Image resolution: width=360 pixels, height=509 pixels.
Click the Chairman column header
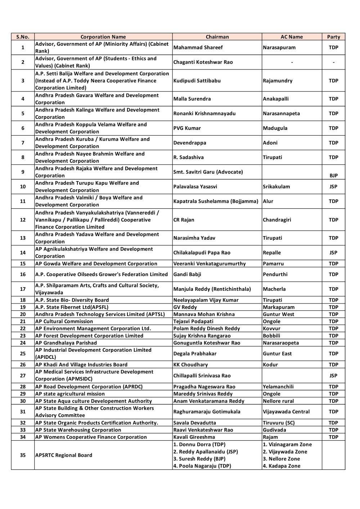coord(217,37)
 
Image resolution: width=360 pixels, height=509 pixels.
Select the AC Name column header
coord(292,37)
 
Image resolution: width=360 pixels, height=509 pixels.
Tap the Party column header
coord(333,37)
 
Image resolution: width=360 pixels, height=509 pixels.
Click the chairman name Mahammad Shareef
coord(198,48)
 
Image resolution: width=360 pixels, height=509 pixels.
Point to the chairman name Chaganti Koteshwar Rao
coord(203,62)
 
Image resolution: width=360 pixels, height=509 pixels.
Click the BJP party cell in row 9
coord(333,176)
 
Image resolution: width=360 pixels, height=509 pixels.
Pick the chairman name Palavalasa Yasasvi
coord(195,186)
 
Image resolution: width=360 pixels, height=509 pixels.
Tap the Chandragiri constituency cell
coord(277,220)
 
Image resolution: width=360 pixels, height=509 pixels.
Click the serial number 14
coord(23,253)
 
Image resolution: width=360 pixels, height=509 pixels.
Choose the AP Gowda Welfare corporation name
coord(96,263)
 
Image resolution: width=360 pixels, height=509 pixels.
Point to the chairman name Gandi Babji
coord(187,274)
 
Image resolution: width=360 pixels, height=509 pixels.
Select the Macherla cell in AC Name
coord(274,289)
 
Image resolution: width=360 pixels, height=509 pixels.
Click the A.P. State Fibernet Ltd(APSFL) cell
coord(72,307)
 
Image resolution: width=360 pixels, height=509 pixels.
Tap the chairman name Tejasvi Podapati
coord(193,321)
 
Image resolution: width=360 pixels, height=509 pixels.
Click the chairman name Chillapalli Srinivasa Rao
coord(202,375)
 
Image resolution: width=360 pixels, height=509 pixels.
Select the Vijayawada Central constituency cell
coord(286,411)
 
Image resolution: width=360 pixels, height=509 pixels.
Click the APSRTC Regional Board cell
coord(64,455)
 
